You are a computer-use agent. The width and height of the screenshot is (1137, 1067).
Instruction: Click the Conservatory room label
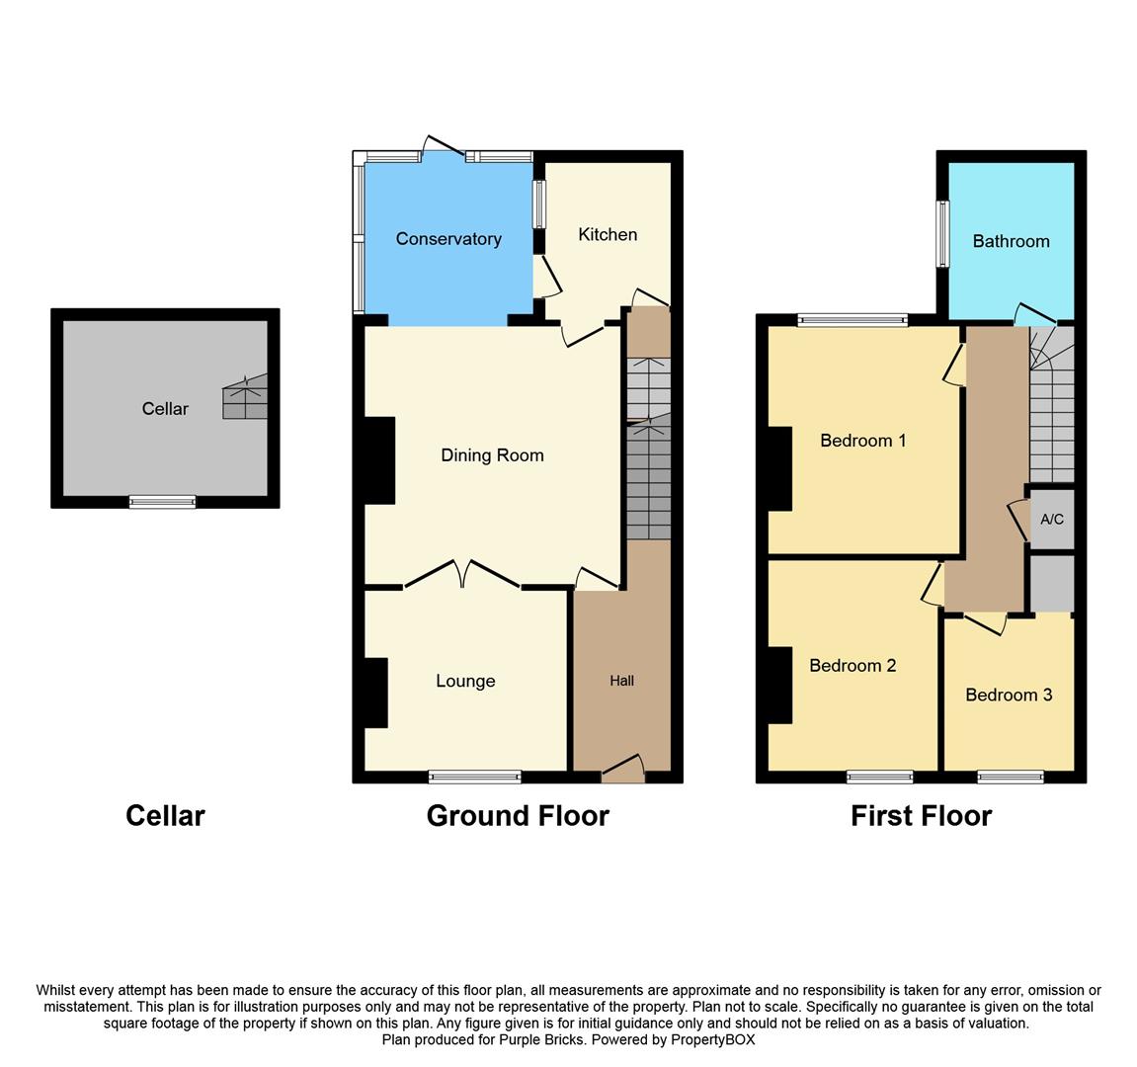click(448, 239)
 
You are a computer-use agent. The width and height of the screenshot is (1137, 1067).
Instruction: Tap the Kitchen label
click(608, 234)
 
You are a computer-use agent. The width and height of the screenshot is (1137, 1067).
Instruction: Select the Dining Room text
click(492, 455)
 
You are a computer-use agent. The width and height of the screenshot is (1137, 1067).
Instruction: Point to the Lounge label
click(465, 681)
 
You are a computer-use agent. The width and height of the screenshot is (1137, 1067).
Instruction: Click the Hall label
click(621, 681)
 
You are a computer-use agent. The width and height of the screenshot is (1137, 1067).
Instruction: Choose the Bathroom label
click(1011, 241)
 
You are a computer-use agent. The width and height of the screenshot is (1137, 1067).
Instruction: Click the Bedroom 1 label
click(862, 441)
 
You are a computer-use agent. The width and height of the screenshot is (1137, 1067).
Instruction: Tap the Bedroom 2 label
click(853, 665)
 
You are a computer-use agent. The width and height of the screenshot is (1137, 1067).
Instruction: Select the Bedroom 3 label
click(1009, 695)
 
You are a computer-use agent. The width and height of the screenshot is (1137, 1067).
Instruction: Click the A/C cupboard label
click(1052, 519)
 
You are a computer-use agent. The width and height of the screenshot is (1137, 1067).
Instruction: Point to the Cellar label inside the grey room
click(165, 409)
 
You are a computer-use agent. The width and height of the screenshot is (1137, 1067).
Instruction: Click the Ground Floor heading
click(518, 816)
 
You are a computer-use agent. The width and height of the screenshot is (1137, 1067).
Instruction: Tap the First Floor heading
click(921, 816)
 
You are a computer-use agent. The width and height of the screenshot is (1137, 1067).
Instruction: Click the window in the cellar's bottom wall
click(162, 502)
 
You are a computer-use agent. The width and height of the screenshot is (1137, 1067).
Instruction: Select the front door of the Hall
click(622, 771)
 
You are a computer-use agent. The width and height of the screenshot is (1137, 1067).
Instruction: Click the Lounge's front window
click(475, 777)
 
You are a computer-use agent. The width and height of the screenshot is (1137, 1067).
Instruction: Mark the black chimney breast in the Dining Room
click(379, 460)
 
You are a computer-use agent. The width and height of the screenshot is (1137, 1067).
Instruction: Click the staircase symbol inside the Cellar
click(245, 397)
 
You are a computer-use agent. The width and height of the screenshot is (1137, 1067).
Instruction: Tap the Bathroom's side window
click(942, 234)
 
